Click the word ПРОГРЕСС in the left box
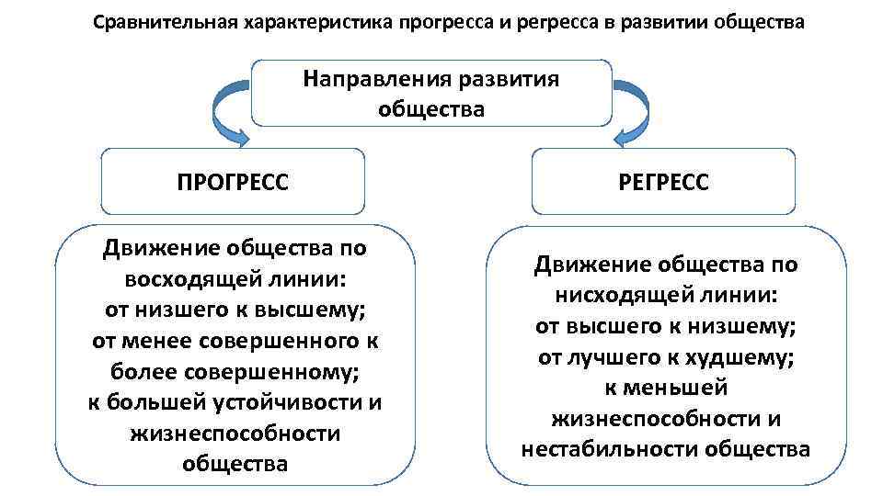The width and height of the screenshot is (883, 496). pyautogui.click(x=233, y=182)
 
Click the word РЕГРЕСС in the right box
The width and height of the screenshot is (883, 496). pyautogui.click(x=665, y=182)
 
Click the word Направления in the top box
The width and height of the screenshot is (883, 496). pyautogui.click(x=372, y=79)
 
